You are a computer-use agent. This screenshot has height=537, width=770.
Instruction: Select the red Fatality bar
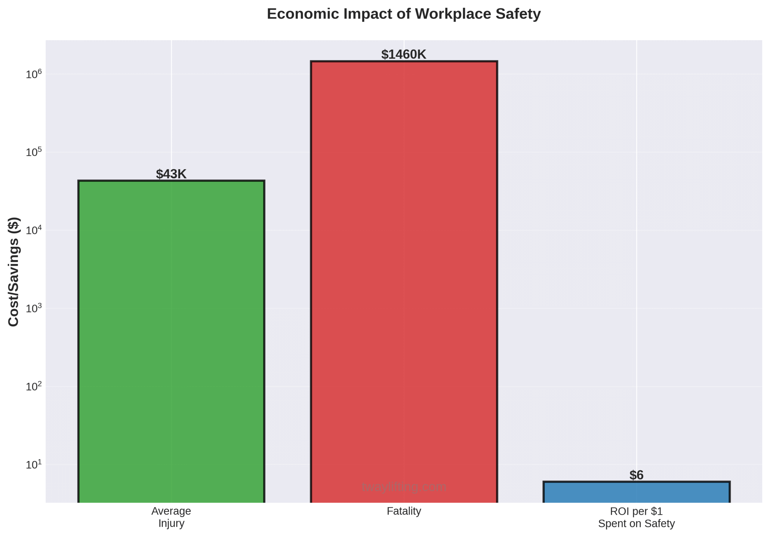coord(404,281)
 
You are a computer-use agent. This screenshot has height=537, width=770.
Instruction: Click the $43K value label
coord(171,174)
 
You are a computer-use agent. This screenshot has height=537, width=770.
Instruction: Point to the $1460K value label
coord(403,54)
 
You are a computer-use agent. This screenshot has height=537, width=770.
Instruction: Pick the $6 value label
coord(636,475)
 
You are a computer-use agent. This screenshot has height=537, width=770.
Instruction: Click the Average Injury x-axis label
coord(171,517)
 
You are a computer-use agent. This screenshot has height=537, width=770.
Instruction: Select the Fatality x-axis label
coord(404,511)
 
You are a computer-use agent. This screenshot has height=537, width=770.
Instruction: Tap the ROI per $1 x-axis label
coord(636,517)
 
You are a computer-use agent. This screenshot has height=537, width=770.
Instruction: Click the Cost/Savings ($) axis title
coord(14,272)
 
